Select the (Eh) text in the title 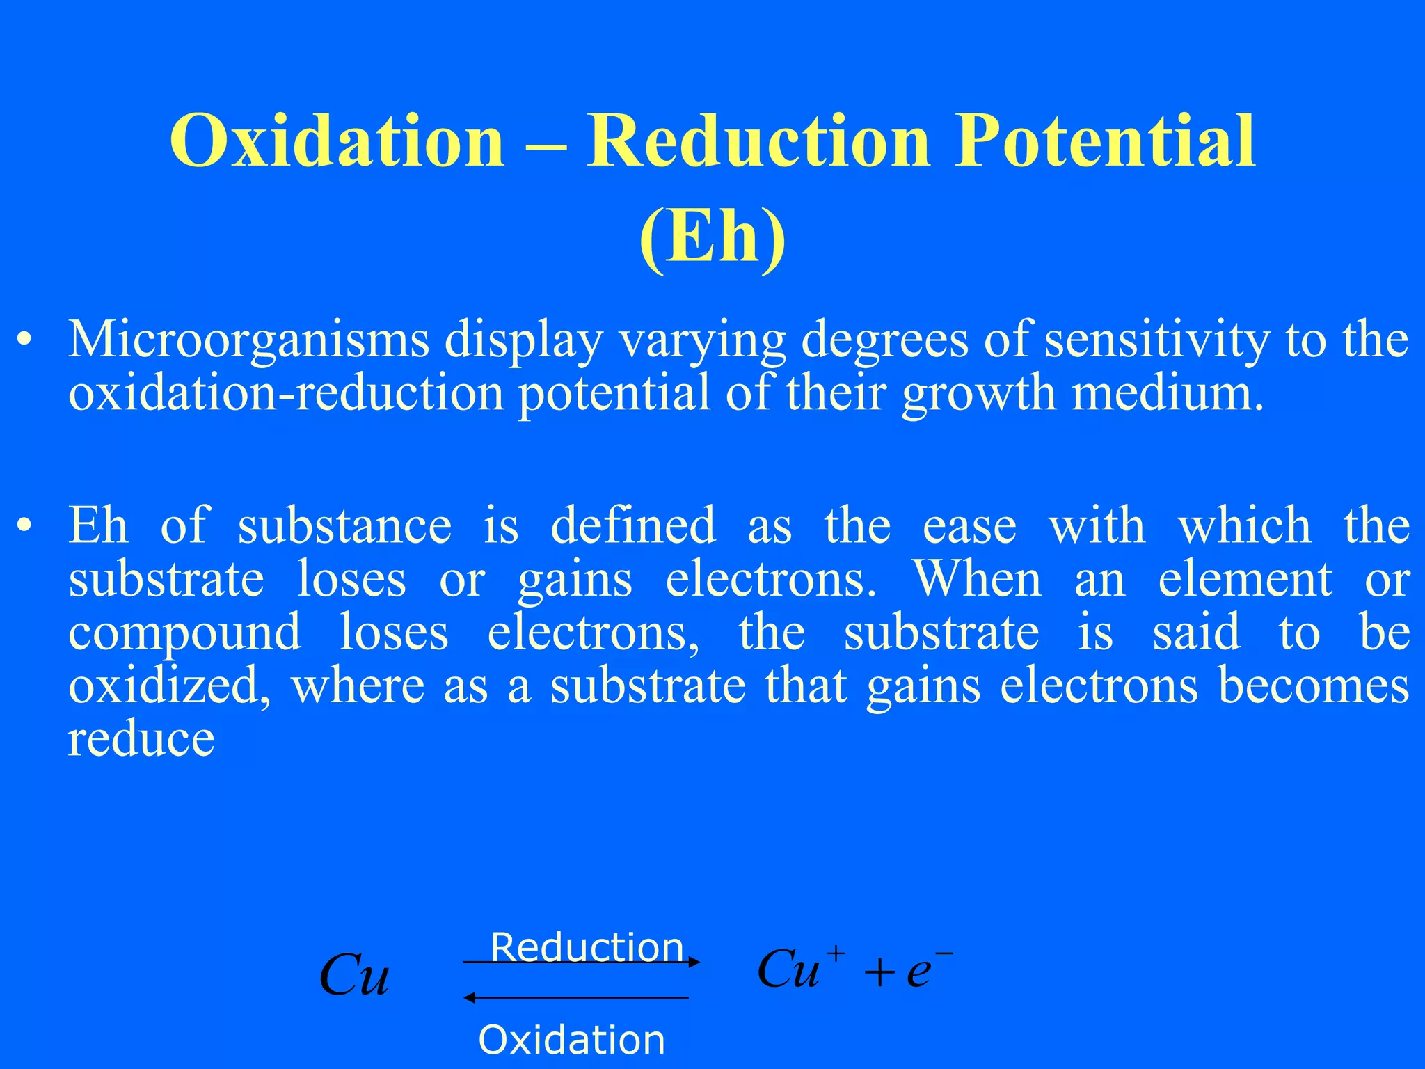(712, 237)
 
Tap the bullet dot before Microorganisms (25, 341)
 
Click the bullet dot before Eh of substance (25, 526)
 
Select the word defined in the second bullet (632, 526)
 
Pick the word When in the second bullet (978, 579)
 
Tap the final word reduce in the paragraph (141, 739)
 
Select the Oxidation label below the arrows (571, 1040)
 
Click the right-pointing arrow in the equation (582, 963)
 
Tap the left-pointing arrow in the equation (576, 998)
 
